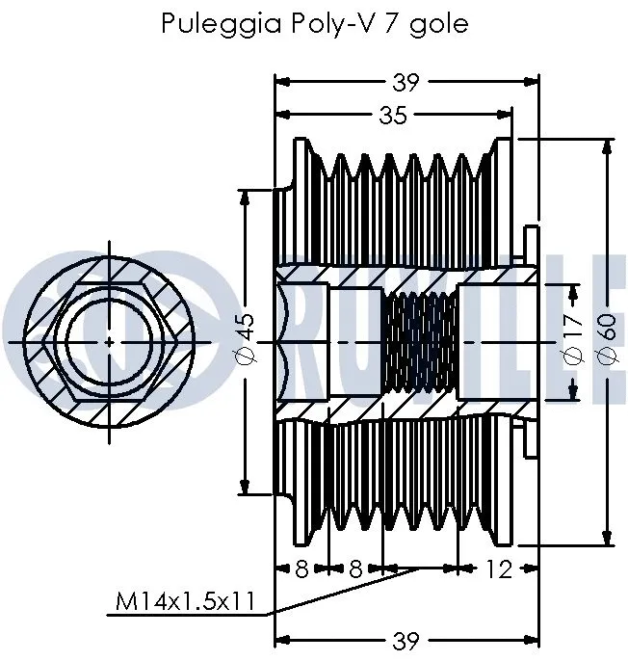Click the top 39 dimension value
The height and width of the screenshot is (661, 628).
coord(406,83)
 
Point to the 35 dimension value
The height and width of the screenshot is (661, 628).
coord(391,117)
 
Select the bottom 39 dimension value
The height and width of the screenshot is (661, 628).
coord(406,639)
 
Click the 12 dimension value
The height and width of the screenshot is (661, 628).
coord(498,569)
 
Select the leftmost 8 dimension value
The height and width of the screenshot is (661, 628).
coord(301,569)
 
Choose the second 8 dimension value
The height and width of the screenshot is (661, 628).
coord(355,569)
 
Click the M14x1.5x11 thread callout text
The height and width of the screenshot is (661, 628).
coord(184,602)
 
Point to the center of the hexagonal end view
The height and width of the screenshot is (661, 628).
coord(109,342)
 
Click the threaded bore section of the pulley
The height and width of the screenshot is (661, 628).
coord(420,342)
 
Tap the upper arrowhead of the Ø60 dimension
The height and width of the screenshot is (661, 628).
coord(608,147)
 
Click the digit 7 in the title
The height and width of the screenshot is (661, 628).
coord(392,23)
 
